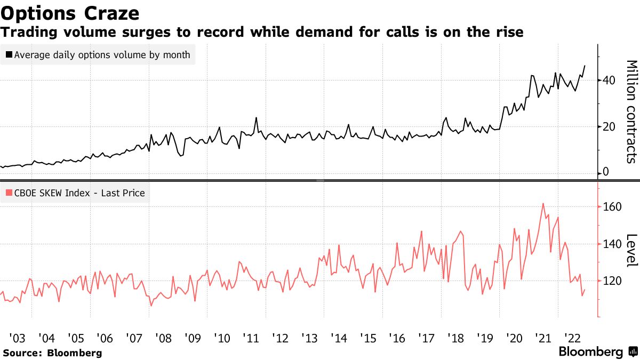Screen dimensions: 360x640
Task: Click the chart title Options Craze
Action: [71, 12]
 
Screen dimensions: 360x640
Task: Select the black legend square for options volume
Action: [9, 54]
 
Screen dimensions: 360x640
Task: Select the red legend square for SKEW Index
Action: [9, 193]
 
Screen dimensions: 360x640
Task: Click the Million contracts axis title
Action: [631, 111]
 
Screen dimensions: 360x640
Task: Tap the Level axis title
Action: [631, 250]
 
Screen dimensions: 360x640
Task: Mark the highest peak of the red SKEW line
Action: [543, 203]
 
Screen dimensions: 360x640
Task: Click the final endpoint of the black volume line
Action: [585, 66]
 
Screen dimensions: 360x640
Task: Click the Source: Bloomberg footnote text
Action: [52, 353]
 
